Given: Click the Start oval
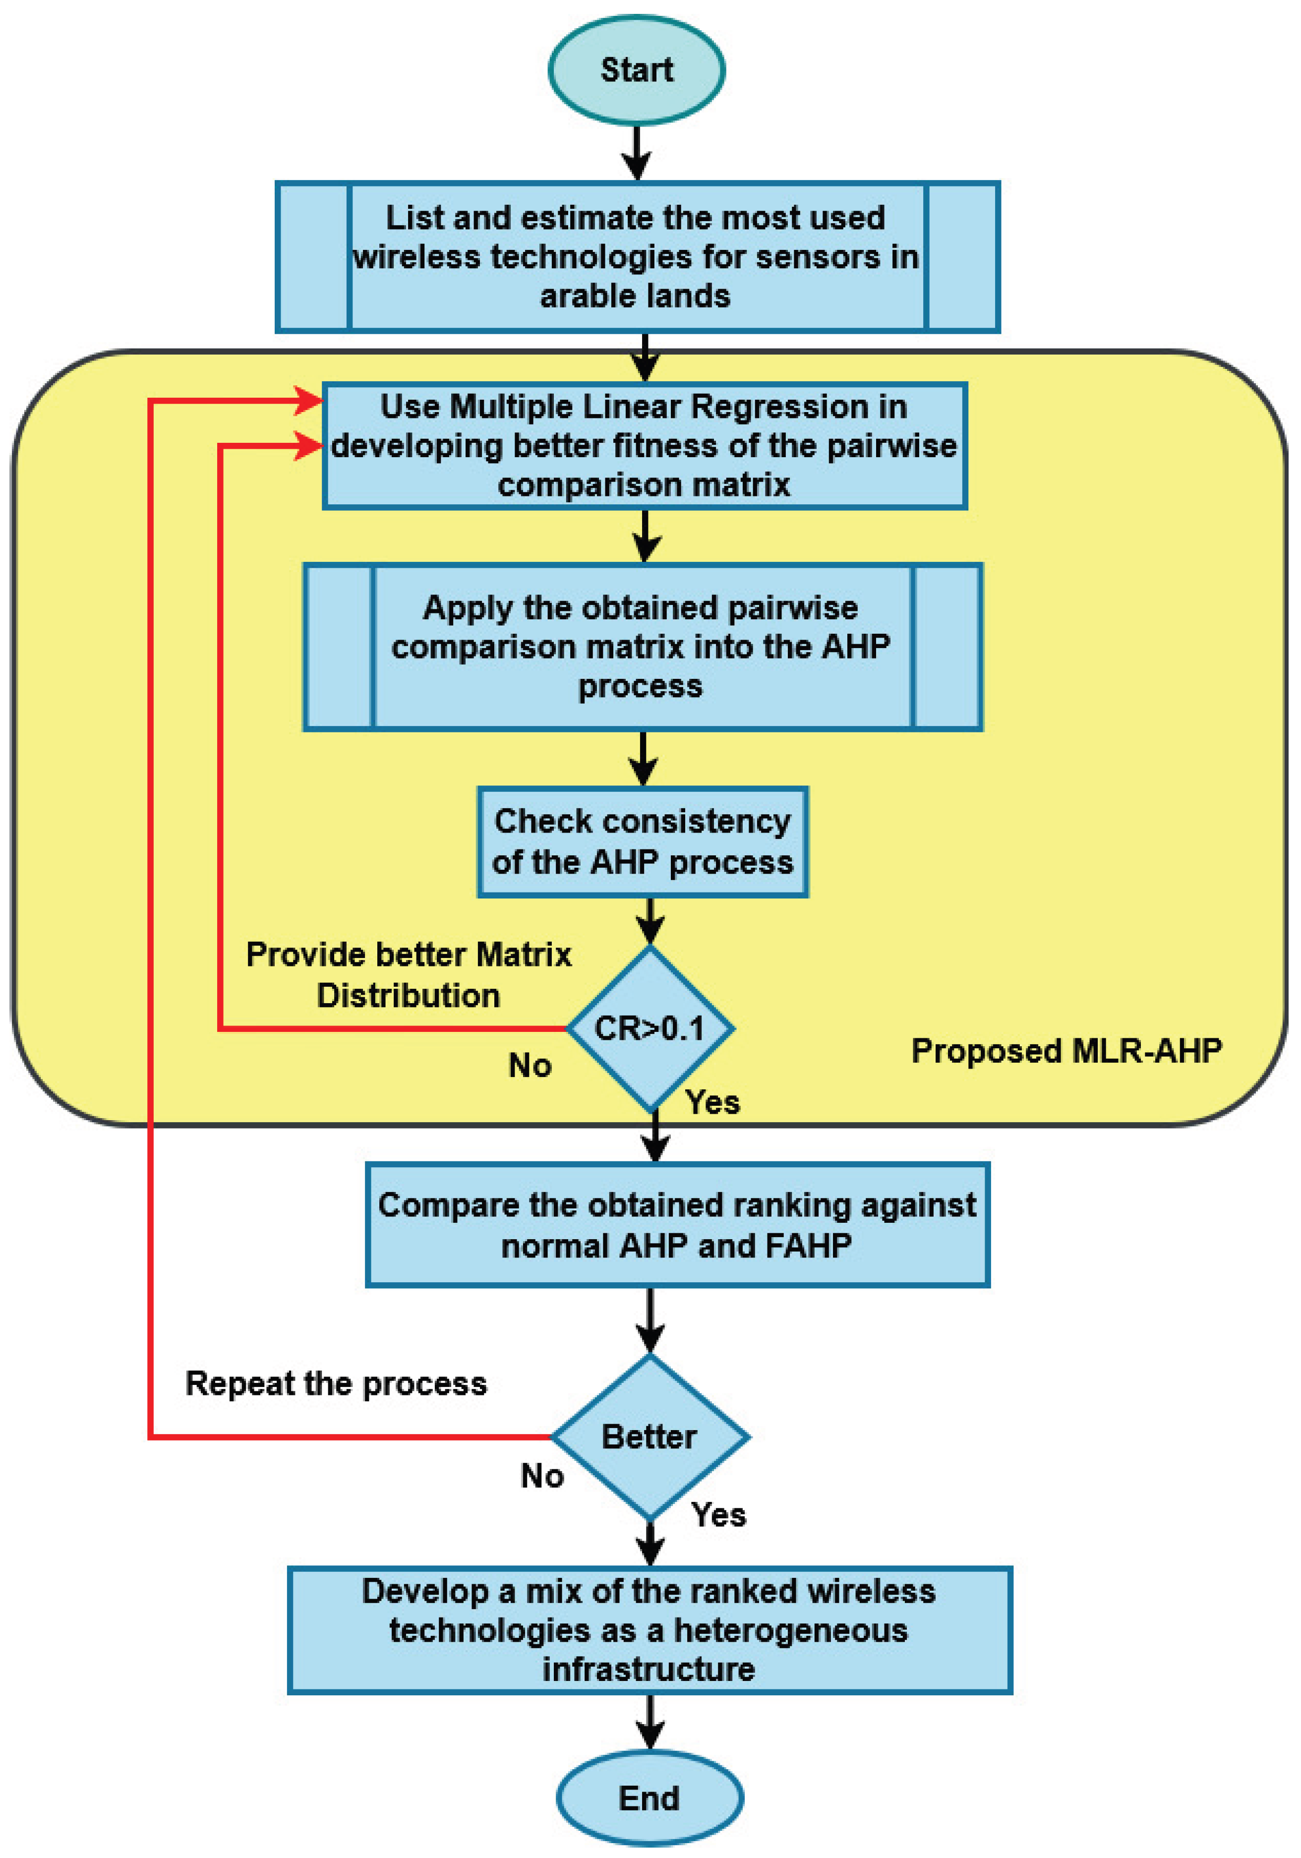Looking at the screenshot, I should coord(636,70).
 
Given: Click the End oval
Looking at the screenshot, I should coord(649,1798).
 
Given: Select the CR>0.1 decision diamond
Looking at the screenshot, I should coord(650,1028).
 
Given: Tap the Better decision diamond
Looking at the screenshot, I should coord(650,1437).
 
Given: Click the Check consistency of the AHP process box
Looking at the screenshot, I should coord(643,841).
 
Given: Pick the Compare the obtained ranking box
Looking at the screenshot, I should coord(677,1224).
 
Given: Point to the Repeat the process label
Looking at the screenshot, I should coord(336,1384).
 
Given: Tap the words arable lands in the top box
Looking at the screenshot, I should coord(635,296).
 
